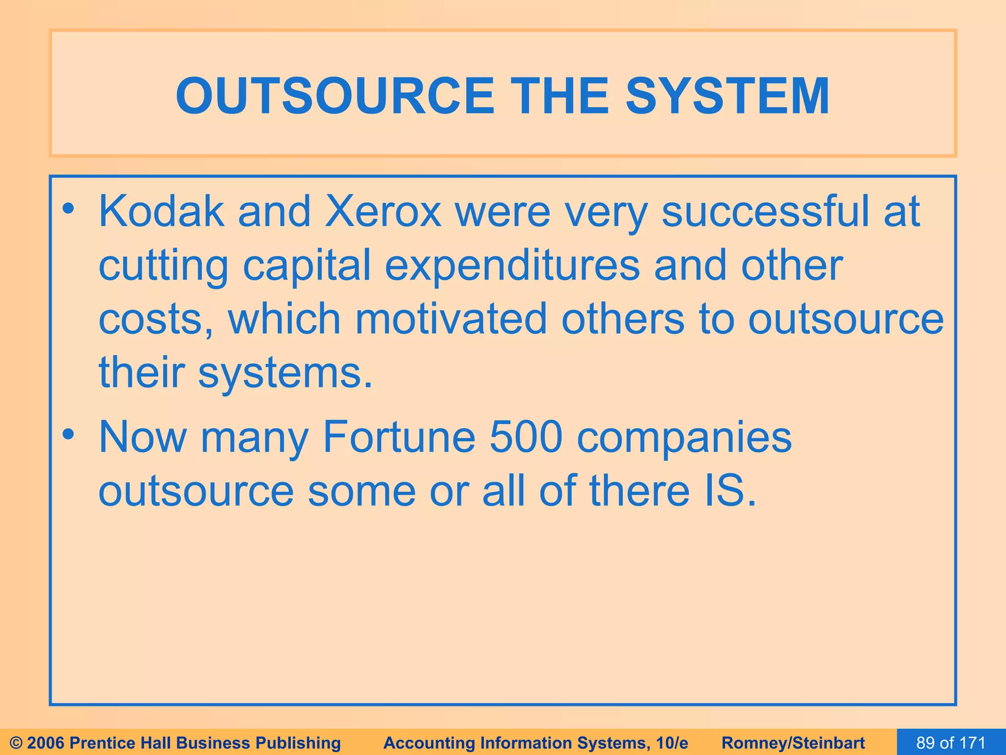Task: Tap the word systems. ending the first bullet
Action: pyautogui.click(x=285, y=374)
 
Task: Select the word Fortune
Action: pyautogui.click(x=399, y=437)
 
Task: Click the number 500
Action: pyautogui.click(x=526, y=437)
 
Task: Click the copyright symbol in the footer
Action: pyautogui.click(x=16, y=743)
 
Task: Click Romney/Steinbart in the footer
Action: pyautogui.click(x=793, y=743)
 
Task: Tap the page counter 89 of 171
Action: pyautogui.click(x=951, y=743)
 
